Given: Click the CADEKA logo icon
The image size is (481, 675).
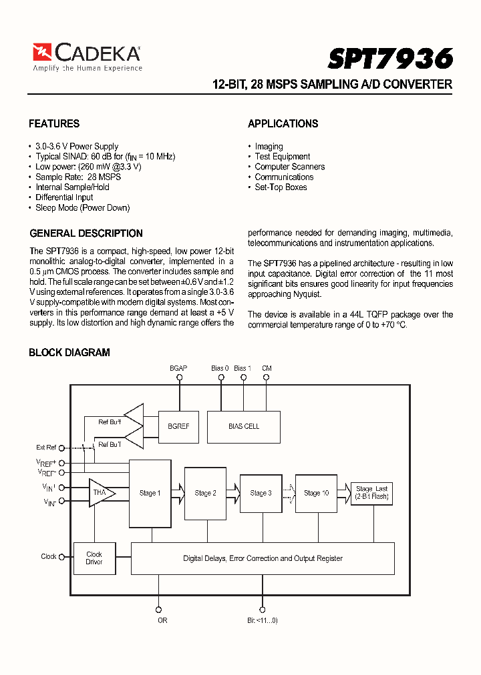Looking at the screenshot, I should (42, 53).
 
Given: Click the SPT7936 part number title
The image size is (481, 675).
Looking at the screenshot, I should (390, 59).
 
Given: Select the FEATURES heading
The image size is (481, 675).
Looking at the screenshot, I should (54, 123).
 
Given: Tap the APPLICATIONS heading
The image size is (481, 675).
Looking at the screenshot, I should (283, 123).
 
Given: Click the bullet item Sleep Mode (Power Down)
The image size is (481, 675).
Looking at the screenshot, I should (82, 207).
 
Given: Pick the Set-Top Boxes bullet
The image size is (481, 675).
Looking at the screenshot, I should (281, 187).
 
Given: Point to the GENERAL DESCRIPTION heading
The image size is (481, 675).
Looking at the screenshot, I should (86, 233).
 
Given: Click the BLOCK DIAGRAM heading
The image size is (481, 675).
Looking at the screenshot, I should (69, 352).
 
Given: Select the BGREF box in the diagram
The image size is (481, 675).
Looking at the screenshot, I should (178, 426).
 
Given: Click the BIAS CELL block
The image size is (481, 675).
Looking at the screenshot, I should (244, 426).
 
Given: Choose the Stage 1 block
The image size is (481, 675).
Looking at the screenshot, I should (150, 493).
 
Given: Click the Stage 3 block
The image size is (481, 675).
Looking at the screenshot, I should (261, 493).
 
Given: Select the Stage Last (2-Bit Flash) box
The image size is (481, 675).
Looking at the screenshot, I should (371, 493).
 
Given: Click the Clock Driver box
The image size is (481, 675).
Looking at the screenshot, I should (94, 558).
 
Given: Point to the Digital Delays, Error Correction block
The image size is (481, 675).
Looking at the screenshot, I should (263, 558).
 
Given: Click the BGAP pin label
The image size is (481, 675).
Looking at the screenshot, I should (178, 368).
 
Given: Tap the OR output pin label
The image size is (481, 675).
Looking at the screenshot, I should (162, 620).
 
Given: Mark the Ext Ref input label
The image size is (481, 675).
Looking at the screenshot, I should (46, 448).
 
